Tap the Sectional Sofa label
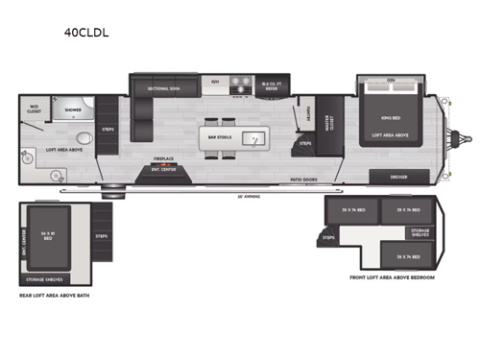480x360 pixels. coord(165,87)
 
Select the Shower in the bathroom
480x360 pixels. coord(73,110)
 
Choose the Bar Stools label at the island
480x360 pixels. coord(219,137)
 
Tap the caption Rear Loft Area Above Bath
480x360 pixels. coord(55,295)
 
